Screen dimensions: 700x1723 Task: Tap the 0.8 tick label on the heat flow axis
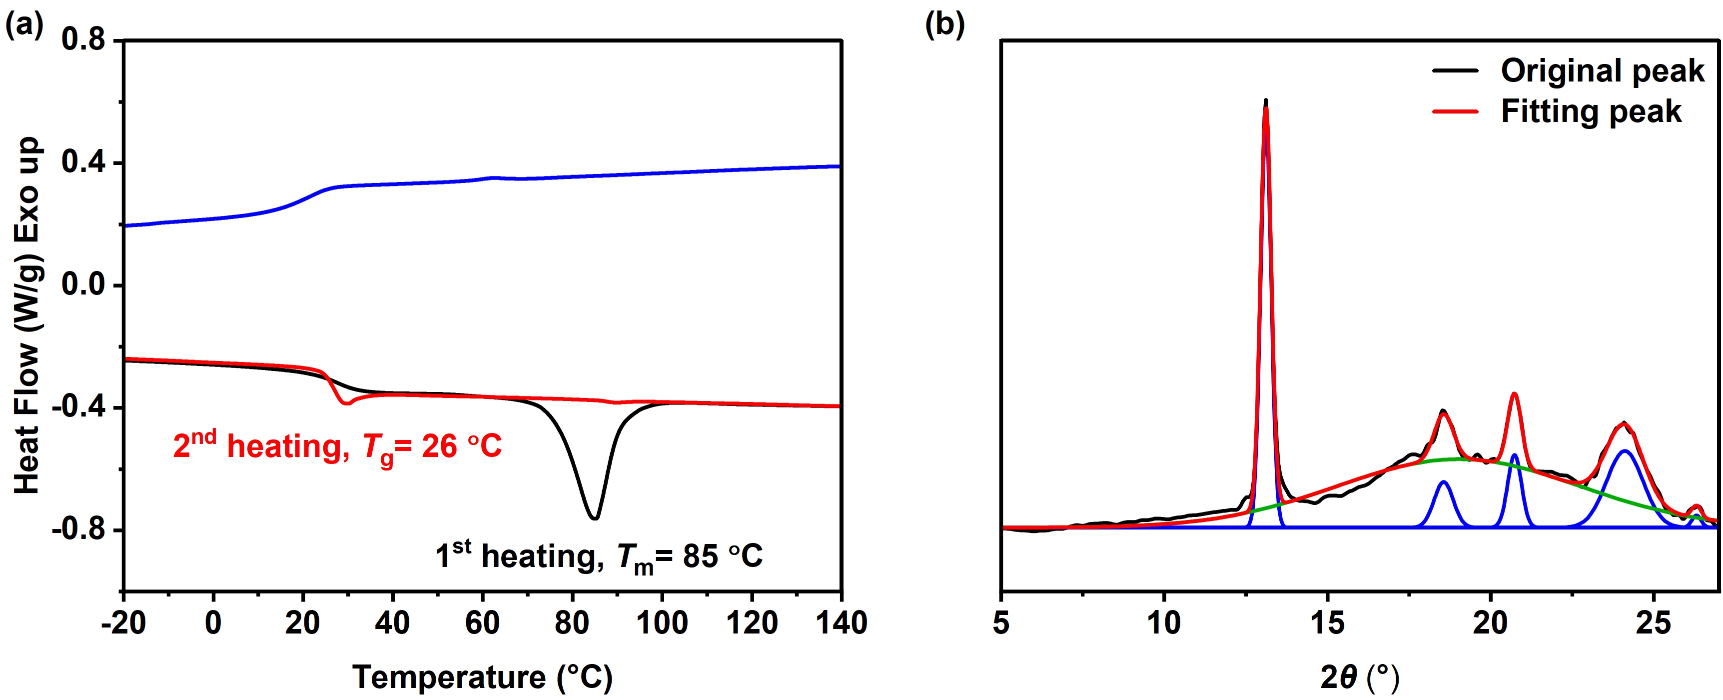[x=83, y=39]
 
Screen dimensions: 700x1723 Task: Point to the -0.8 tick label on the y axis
[x=78, y=530]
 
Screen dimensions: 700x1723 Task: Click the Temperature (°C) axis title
[x=482, y=677]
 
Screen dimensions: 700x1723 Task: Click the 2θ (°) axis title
[x=1359, y=677]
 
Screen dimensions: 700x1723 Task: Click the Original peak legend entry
[x=1603, y=71]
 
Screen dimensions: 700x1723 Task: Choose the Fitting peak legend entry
[x=1591, y=111]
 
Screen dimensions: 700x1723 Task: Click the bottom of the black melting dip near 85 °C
[x=595, y=518]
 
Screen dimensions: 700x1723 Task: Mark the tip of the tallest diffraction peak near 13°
[x=1265, y=100]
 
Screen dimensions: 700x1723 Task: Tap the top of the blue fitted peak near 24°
[x=1624, y=451]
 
